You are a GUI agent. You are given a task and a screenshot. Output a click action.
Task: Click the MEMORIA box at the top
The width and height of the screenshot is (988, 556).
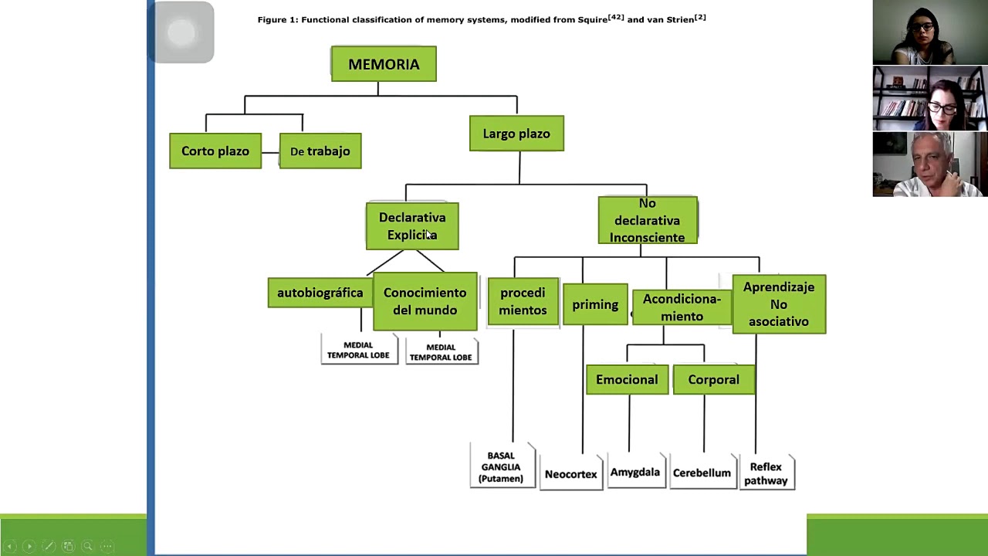384,64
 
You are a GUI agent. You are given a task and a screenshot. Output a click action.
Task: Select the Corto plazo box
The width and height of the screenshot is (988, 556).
215,151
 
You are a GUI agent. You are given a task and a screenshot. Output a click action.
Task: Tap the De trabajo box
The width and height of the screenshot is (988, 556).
320,151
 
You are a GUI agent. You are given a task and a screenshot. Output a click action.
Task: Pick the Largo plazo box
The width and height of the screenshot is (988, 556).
516,134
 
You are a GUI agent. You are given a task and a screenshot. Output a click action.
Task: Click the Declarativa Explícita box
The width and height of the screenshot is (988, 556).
412,226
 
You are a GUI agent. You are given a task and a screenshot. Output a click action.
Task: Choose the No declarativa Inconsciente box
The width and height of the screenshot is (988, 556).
647,220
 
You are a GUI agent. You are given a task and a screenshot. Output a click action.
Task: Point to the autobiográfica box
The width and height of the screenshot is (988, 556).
320,293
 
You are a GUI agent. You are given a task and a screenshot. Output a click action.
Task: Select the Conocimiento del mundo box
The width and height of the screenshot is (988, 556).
425,301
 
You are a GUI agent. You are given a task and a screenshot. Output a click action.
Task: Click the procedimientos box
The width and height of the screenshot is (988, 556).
523,301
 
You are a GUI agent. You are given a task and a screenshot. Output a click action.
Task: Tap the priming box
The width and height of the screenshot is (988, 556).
595,304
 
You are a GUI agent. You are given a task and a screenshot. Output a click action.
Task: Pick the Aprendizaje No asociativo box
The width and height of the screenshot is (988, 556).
778,304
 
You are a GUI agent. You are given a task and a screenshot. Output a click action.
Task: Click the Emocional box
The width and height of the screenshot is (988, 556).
627,380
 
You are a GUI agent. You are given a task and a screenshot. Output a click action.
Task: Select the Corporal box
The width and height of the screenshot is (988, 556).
713,380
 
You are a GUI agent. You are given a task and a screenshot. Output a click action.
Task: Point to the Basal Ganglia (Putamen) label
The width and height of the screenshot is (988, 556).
501,467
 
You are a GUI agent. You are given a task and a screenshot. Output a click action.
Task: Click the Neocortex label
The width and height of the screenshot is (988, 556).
570,474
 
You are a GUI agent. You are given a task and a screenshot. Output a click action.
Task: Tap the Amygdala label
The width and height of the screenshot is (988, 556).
634,472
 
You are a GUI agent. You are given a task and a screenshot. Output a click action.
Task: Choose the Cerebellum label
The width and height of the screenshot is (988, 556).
702,473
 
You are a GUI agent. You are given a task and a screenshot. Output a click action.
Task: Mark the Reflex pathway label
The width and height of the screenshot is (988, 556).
766,473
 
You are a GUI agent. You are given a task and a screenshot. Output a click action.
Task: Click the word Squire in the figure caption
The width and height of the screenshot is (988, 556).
592,19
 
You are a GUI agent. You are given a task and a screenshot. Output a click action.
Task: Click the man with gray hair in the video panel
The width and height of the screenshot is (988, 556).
929,164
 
